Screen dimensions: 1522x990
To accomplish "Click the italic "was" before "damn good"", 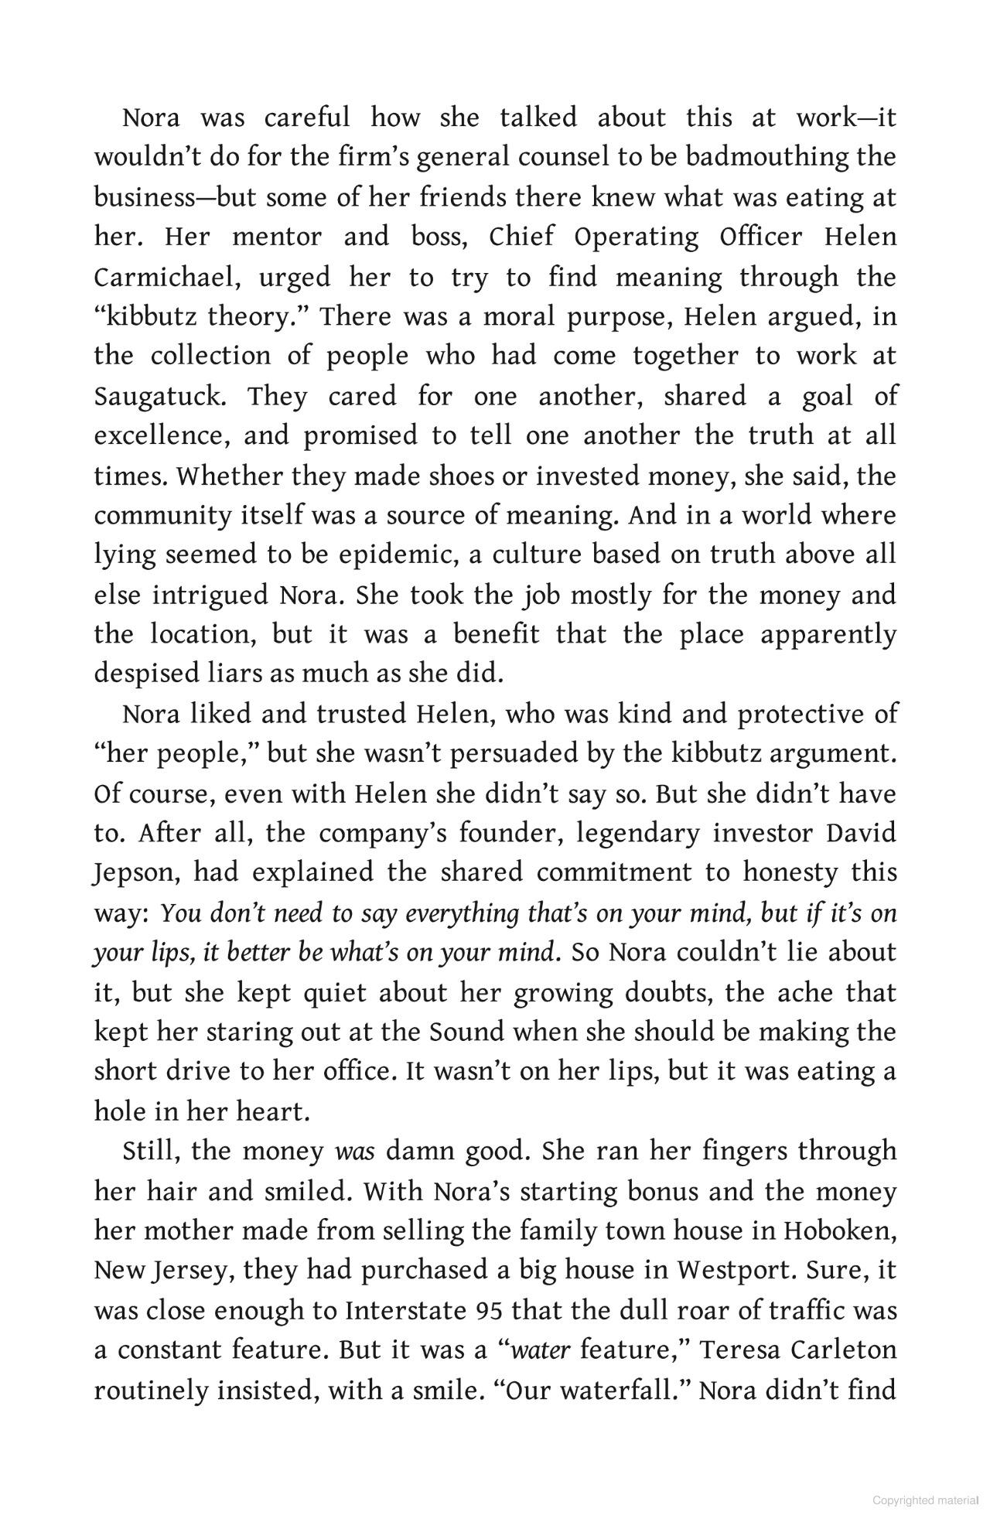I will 354,1152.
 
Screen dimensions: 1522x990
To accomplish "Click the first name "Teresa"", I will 752,1350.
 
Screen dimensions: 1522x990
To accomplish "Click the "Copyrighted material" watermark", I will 925,1501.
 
